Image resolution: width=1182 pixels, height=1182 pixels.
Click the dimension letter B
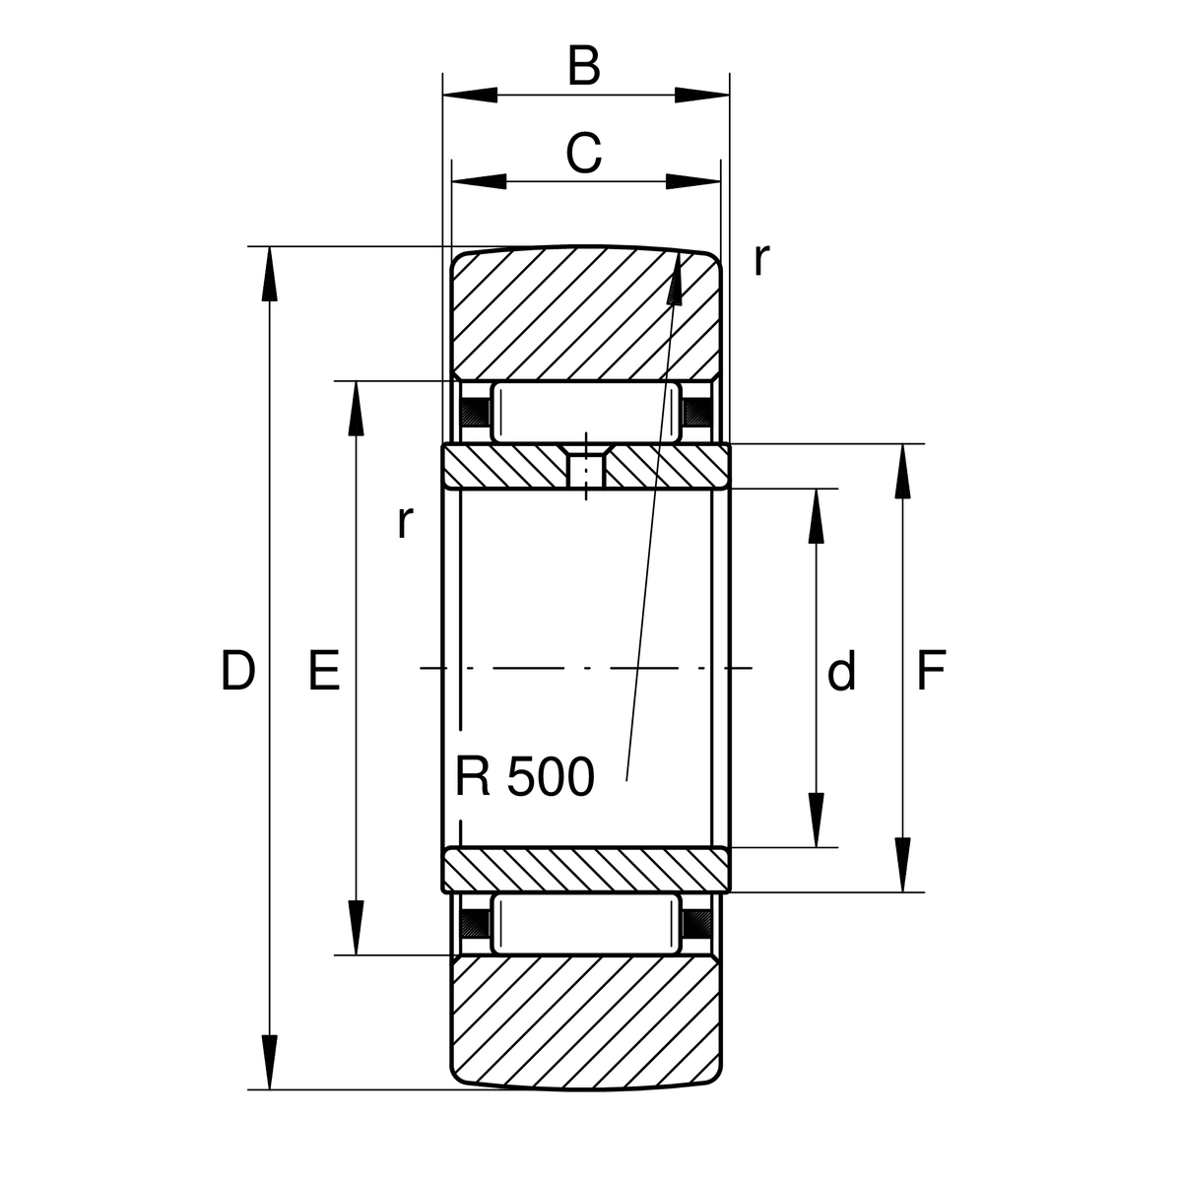tap(583, 66)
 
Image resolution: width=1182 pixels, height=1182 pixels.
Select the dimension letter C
tap(583, 153)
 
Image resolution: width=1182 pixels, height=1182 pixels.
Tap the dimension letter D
tap(237, 671)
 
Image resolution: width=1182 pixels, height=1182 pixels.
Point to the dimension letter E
tap(324, 671)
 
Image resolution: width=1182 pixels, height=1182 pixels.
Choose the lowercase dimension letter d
tap(841, 670)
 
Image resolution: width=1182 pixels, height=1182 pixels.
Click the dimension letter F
tap(931, 671)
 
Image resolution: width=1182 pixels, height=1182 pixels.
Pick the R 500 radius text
tap(525, 776)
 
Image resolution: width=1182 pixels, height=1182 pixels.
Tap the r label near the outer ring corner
tap(760, 260)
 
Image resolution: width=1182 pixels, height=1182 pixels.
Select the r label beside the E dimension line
tap(405, 522)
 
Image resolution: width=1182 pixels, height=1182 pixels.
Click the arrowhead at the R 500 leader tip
tap(676, 278)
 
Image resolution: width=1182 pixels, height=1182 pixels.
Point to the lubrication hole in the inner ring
tap(586, 469)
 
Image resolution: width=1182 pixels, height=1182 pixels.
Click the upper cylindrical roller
tap(586, 413)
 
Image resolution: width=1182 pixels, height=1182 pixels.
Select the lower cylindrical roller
tap(586, 923)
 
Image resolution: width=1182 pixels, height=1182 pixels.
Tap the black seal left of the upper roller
tap(476, 412)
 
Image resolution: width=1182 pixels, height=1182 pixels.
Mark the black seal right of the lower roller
tap(696, 923)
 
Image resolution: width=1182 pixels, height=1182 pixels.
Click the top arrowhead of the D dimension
tap(269, 274)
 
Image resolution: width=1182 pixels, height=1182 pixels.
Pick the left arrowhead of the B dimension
tap(470, 96)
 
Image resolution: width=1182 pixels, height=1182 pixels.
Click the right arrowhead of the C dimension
tap(693, 181)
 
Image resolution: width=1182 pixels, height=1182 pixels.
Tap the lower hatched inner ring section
tap(586, 870)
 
